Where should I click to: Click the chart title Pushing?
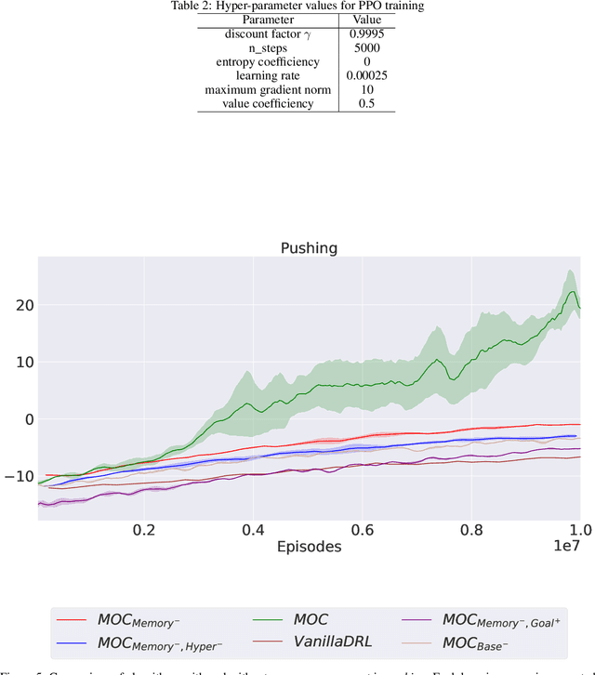click(309, 249)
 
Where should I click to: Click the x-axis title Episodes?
click(309, 547)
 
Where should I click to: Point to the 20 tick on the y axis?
click(22, 306)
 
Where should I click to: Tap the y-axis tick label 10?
click(22, 363)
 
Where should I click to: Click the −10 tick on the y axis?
click(19, 477)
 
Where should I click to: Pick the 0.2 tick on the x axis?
click(144, 528)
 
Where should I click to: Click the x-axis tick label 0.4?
click(253, 528)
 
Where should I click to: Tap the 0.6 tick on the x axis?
click(363, 528)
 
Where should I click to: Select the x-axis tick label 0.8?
click(471, 528)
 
